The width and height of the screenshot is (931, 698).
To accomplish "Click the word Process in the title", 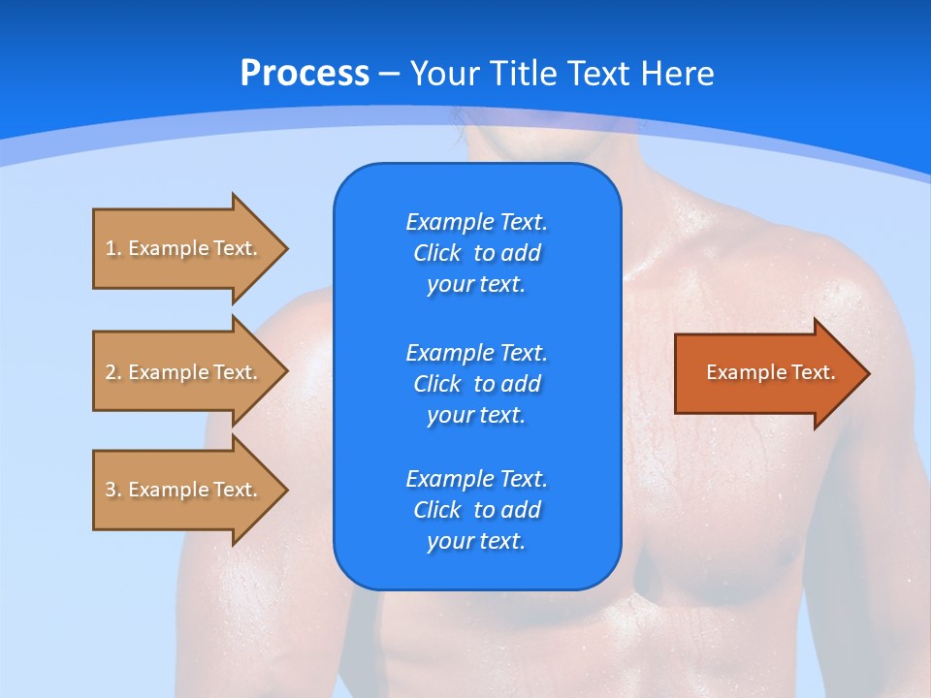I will pyautogui.click(x=305, y=74).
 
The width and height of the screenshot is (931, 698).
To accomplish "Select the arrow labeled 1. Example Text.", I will pyautogui.click(x=184, y=248).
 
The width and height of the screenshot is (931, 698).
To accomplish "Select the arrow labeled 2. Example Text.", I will pyautogui.click(x=184, y=372).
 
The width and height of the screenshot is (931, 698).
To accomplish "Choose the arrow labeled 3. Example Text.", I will pyautogui.click(x=184, y=490).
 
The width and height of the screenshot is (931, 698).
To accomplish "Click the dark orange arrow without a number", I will pyautogui.click(x=766, y=373).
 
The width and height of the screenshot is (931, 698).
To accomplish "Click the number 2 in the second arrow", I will pyautogui.click(x=111, y=372).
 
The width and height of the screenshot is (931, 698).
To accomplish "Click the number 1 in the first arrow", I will pyautogui.click(x=111, y=248).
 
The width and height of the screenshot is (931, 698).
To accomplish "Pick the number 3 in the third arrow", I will pyautogui.click(x=111, y=490).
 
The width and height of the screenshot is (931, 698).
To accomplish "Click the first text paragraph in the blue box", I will pyautogui.click(x=476, y=253).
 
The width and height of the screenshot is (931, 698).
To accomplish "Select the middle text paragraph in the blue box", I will pyautogui.click(x=476, y=383).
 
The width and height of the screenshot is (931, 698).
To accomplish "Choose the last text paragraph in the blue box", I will pyautogui.click(x=476, y=510).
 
